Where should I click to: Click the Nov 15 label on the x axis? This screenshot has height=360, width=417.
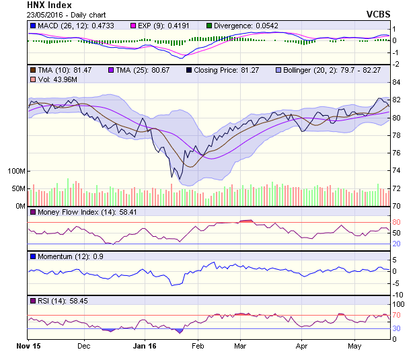[28, 346]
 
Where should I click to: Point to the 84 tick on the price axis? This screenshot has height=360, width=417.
[397, 82]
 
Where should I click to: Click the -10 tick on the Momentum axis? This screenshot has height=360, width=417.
[397, 295]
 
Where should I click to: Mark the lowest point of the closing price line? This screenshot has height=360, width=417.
[172, 178]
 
